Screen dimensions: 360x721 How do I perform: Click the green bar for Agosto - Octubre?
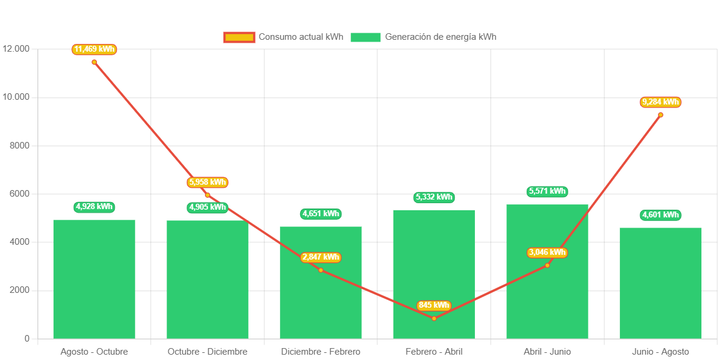click(95, 279)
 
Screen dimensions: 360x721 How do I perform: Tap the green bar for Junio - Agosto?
click(660, 283)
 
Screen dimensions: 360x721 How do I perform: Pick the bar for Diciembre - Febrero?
click(321, 297)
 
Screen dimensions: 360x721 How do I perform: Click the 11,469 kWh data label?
click(94, 49)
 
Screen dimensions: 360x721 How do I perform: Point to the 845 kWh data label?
click(434, 305)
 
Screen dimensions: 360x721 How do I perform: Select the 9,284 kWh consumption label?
click(660, 102)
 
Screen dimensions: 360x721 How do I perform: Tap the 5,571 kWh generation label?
click(547, 191)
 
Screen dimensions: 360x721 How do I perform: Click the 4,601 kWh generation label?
click(660, 215)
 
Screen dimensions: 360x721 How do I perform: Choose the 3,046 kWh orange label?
click(547, 252)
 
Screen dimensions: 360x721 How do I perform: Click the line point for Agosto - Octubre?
click(94, 62)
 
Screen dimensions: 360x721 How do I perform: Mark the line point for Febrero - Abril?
click(434, 318)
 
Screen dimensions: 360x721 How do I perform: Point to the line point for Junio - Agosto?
click(660, 115)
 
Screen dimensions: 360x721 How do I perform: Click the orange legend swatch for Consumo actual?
click(239, 37)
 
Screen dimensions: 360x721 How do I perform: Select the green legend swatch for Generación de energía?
click(366, 37)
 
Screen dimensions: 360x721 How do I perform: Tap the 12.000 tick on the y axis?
click(16, 49)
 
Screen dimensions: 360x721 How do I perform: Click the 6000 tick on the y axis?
click(19, 194)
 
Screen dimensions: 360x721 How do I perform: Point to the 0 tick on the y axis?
click(27, 339)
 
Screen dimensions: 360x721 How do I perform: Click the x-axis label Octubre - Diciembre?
click(207, 352)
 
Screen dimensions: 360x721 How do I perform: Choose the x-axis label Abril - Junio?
click(547, 352)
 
